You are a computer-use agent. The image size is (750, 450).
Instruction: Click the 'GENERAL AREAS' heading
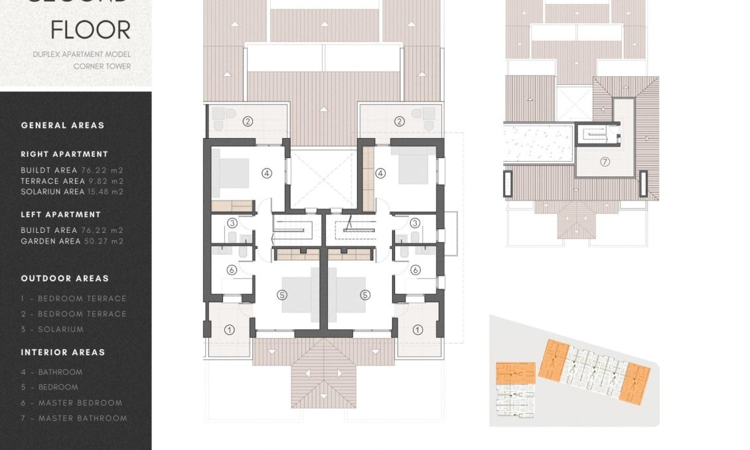(62, 125)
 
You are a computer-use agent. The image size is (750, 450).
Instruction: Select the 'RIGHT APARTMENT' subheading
(64, 154)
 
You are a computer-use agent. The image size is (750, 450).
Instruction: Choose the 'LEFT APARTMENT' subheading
(60, 214)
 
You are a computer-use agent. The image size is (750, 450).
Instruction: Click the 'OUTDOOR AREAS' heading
(64, 279)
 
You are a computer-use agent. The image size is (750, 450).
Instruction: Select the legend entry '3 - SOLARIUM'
(52, 329)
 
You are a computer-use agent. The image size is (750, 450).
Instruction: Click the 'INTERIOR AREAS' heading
(63, 352)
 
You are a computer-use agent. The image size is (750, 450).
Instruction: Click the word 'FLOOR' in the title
(90, 30)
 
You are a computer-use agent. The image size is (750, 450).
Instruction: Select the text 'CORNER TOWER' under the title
(102, 66)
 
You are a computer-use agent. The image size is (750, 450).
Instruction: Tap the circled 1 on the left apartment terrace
(230, 329)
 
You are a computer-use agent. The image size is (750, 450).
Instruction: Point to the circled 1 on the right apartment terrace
(417, 329)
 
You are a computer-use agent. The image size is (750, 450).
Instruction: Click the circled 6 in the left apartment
(232, 270)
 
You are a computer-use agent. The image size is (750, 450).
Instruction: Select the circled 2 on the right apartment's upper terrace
(400, 121)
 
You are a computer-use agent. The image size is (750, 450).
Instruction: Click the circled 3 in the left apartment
(232, 223)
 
